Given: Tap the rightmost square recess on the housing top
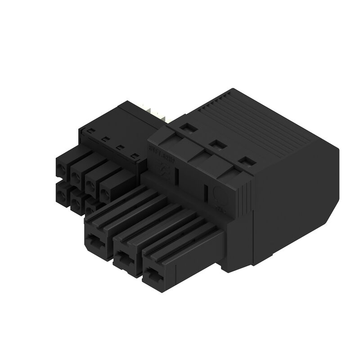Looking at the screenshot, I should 245,160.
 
